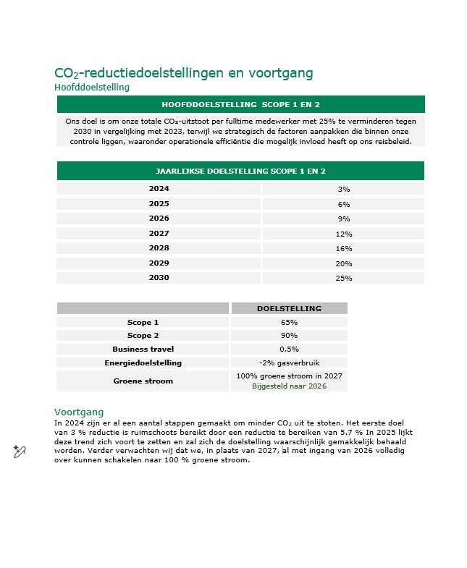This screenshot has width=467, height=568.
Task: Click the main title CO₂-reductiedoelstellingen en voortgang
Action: pos(183,73)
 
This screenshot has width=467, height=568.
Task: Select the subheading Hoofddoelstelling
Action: pos(92,88)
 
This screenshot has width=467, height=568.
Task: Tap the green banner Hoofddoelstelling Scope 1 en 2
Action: pos(240,104)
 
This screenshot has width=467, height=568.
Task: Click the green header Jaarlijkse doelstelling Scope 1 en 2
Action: pos(240,171)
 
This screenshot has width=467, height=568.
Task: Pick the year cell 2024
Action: pos(159,188)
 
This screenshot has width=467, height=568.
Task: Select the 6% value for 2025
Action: pos(343,204)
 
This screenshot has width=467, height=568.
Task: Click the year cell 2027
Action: pos(159,233)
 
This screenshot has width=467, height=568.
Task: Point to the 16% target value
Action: pos(343,248)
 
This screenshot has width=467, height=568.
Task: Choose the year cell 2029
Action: pos(159,263)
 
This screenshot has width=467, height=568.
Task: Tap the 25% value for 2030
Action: pos(343,278)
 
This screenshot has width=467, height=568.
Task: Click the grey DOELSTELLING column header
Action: pos(289,308)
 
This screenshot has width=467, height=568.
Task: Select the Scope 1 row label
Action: pos(143,322)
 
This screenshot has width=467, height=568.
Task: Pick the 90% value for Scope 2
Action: pos(289,336)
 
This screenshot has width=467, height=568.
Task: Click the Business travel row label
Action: pos(143,349)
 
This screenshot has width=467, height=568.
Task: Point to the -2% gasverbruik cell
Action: pos(289,363)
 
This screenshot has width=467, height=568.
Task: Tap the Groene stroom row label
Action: pos(143,381)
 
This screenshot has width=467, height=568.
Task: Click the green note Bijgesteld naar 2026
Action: pos(289,386)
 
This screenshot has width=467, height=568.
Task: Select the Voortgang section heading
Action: pos(79,412)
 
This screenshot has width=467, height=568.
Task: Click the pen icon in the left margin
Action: pos(20,452)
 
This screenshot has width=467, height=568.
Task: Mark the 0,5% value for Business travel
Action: pos(289,349)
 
